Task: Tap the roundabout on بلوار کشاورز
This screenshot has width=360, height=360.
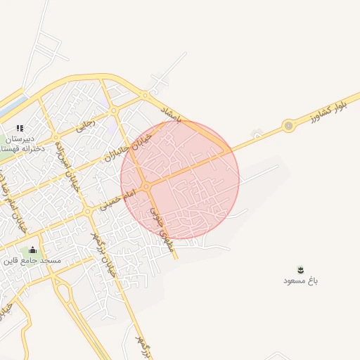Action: point(288,126)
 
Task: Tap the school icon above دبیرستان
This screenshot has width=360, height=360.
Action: point(20,128)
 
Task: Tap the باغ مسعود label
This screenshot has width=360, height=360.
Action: point(301,281)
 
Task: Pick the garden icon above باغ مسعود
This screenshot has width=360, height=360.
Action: point(301,270)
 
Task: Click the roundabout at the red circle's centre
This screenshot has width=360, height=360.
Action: point(144,186)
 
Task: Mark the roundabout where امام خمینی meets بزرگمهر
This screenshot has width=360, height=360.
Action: point(87,210)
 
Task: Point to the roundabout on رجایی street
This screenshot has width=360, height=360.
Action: point(113,110)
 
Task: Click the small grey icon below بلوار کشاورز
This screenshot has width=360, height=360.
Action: point(257,134)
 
